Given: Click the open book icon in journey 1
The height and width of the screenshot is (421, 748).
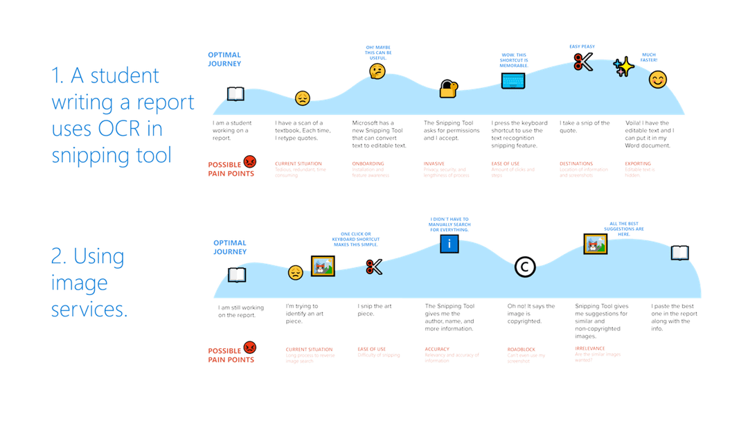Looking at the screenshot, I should tap(235, 93).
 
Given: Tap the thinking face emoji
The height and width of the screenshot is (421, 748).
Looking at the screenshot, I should tap(377, 71).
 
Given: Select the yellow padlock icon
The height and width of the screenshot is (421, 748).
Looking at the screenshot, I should tap(449, 88).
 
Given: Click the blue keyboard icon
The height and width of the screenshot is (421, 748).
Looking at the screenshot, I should tap(513, 80).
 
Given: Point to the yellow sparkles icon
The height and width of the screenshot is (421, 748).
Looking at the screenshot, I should tap(624, 66).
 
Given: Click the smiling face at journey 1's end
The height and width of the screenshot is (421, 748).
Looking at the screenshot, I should tap(657, 80).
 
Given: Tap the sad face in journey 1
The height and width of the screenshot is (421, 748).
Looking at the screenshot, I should tap(303, 98).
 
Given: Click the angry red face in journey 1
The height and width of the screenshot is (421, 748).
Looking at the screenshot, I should tap(250, 161).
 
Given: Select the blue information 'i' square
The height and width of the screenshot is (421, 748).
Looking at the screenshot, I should tap(449, 244).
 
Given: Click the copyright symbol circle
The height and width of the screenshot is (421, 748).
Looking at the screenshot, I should tap(525, 267).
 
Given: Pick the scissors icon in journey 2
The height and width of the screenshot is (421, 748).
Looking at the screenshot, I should tap(374, 267).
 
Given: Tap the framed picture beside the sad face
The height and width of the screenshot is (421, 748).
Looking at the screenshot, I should tap(323, 266).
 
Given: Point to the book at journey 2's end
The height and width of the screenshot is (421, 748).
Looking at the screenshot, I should tap(680, 253).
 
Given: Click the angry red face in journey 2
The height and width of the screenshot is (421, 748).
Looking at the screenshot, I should tap(250, 346).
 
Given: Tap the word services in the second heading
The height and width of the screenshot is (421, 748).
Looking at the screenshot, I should tap(89, 310).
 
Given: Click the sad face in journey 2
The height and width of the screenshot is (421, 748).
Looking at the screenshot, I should tap(296, 272).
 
